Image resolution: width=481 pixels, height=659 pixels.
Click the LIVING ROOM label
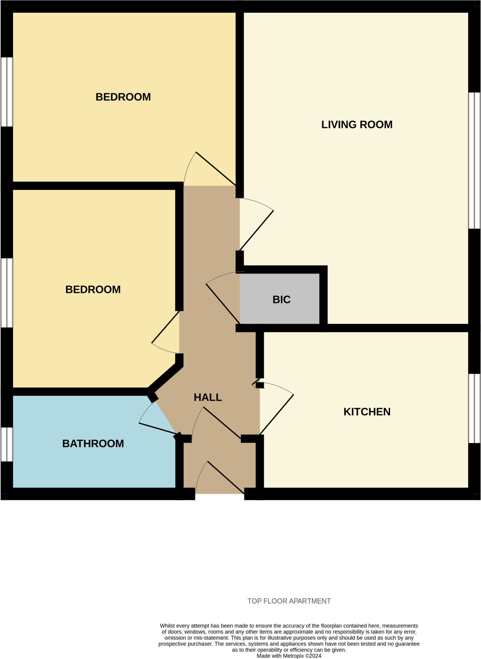pyautogui.click(x=357, y=125)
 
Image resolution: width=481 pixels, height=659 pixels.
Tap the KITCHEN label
pyautogui.click(x=367, y=412)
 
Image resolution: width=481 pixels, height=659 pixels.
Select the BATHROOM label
pyautogui.click(x=93, y=443)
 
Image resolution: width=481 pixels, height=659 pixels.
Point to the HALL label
pyautogui.click(x=208, y=397)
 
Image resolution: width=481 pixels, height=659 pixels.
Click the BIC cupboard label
pyautogui.click(x=281, y=300)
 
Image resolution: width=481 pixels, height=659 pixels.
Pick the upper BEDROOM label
pyautogui.click(x=123, y=97)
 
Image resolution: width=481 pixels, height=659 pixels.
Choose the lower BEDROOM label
pyautogui.click(x=93, y=289)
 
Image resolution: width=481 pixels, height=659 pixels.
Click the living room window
pyautogui.click(x=474, y=161)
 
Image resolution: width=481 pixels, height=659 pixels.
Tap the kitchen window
pyautogui.click(x=474, y=408)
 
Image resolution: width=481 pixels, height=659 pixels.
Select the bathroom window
pyautogui.click(x=6, y=444)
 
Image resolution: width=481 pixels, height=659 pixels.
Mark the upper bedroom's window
pyautogui.click(x=6, y=92)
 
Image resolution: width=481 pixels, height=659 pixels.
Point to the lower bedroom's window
pyautogui.click(x=6, y=293)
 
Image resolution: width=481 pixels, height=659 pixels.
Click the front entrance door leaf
pyautogui.click(x=226, y=477)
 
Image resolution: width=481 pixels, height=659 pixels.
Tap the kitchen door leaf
pyautogui.click(x=277, y=414)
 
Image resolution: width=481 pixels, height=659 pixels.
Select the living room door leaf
pyautogui.click(x=256, y=230)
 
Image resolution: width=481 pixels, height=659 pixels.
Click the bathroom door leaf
pyautogui.click(x=157, y=428)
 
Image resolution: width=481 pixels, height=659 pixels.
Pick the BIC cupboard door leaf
pyautogui.click(x=223, y=303)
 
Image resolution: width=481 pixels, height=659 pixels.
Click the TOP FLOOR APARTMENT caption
pyautogui.click(x=289, y=601)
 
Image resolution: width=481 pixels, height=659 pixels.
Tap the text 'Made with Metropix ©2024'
pyautogui.click(x=289, y=656)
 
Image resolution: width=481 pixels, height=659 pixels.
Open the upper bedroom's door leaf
pyautogui.click(x=216, y=169)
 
